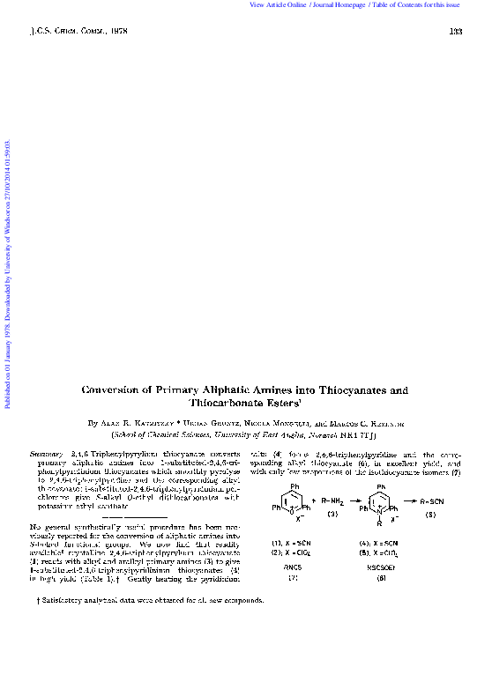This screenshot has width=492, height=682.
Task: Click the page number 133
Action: click(456, 33)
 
